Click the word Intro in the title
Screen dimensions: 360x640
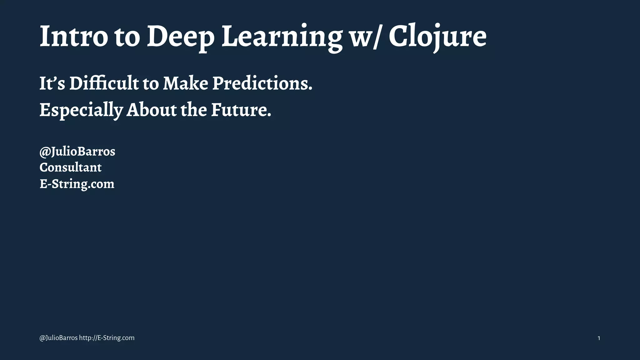[x=74, y=36]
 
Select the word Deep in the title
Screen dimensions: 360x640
[x=181, y=37]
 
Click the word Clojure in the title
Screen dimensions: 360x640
[x=437, y=37]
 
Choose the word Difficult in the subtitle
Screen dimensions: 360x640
[x=104, y=84]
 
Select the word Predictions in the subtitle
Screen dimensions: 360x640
[x=262, y=84]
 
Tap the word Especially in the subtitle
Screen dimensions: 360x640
[x=81, y=110]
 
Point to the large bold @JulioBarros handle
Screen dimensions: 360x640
[x=77, y=152]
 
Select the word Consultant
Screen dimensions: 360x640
[x=70, y=167]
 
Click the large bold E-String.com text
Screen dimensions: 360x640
[x=77, y=184]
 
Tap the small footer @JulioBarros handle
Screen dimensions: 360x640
[x=58, y=338]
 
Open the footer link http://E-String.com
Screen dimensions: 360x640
[x=107, y=338]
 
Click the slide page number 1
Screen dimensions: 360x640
[x=599, y=338]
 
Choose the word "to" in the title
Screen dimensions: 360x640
[x=127, y=37]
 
